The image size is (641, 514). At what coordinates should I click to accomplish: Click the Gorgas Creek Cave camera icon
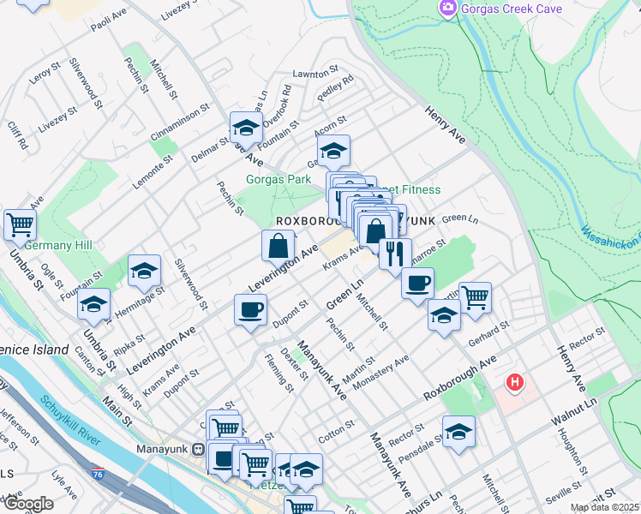[x=447, y=9]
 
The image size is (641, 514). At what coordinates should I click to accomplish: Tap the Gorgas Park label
[x=279, y=180]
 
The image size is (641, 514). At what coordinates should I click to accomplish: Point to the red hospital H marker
[x=515, y=382]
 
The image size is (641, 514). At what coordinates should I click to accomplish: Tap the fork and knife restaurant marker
[x=395, y=254]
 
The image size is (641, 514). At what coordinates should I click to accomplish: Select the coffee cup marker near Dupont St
[x=250, y=309]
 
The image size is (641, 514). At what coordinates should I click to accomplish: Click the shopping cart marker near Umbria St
[x=21, y=225]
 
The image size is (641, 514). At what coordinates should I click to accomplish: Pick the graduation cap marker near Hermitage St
[x=145, y=271]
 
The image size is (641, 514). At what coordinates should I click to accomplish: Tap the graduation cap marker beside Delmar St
[x=246, y=128]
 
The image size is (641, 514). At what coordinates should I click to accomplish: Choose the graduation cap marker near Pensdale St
[x=458, y=432]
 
